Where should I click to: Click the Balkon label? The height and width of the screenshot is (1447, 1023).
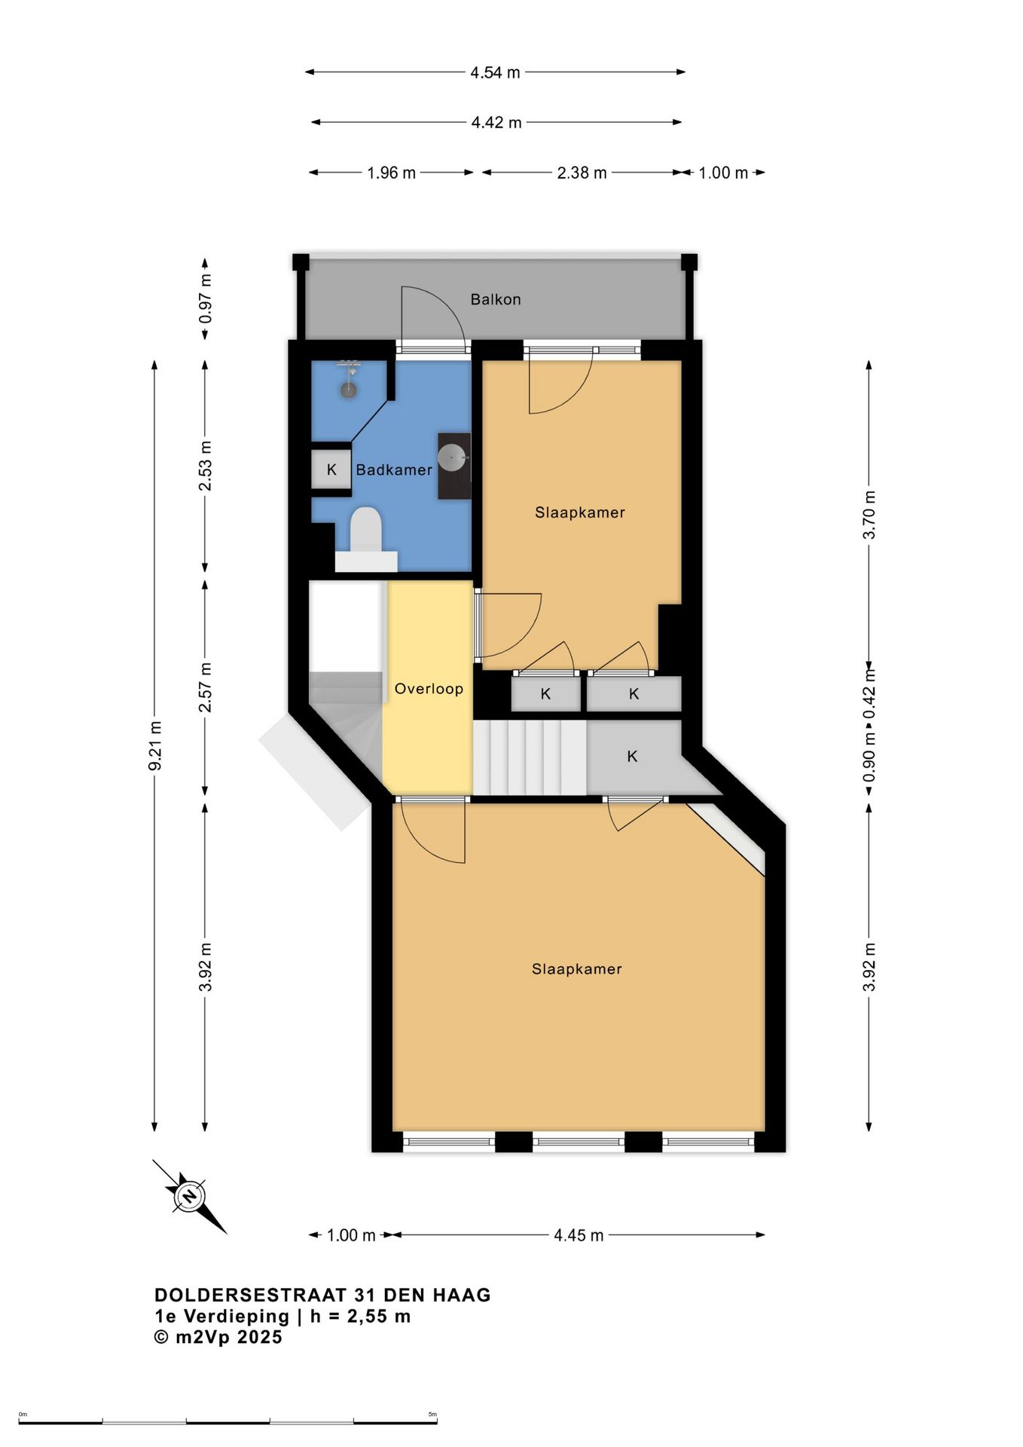click(496, 299)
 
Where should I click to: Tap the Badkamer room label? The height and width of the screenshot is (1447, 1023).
click(394, 470)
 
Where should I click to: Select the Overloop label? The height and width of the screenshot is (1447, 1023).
click(429, 688)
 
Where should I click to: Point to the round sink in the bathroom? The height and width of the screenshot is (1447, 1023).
click(453, 456)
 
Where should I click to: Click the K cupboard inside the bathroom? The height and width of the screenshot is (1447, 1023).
click(331, 470)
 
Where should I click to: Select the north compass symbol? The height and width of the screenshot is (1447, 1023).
click(190, 1196)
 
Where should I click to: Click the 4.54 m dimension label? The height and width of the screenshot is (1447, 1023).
click(495, 72)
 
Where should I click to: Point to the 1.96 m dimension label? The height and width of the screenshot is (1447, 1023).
click(391, 173)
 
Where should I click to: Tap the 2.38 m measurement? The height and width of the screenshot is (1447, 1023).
click(582, 173)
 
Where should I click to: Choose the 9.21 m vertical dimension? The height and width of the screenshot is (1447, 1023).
click(155, 745)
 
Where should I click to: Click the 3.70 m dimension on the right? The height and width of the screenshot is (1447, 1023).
click(869, 515)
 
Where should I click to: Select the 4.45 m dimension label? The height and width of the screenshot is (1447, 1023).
click(579, 1235)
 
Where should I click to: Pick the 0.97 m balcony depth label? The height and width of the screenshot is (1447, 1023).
click(205, 298)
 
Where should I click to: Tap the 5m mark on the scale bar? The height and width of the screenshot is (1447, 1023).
click(432, 1415)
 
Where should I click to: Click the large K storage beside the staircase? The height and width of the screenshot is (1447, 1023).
click(633, 756)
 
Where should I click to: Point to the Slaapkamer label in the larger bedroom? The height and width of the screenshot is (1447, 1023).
click(577, 969)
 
